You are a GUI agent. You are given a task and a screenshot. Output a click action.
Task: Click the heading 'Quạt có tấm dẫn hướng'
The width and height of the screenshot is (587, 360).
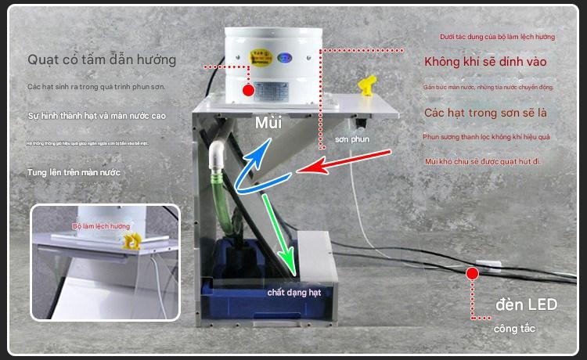pyautogui.click(x=102, y=59)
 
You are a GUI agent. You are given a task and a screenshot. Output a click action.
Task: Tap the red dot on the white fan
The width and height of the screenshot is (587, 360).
pyautogui.click(x=248, y=91)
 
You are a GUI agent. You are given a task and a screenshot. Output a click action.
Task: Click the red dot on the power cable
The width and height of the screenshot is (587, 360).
pyautogui.click(x=472, y=273)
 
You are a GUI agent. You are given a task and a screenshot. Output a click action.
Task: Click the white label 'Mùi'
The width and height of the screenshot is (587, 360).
pyautogui.click(x=268, y=123)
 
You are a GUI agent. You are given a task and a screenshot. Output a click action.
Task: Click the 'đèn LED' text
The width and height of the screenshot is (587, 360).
pyautogui.click(x=526, y=304)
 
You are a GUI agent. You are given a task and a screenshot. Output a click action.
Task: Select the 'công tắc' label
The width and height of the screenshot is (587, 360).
pyautogui.click(x=515, y=329)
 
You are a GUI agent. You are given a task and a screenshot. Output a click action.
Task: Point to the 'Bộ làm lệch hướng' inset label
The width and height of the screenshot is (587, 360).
pyautogui.click(x=102, y=225)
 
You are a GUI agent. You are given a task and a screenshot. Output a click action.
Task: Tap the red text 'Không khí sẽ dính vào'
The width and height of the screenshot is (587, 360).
pyautogui.click(x=484, y=61)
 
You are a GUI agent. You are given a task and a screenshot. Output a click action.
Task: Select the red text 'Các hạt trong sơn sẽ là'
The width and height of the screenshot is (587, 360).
pyautogui.click(x=484, y=113)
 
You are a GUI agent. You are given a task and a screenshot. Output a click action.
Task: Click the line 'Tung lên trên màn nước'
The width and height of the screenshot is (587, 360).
pyautogui.click(x=76, y=171)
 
